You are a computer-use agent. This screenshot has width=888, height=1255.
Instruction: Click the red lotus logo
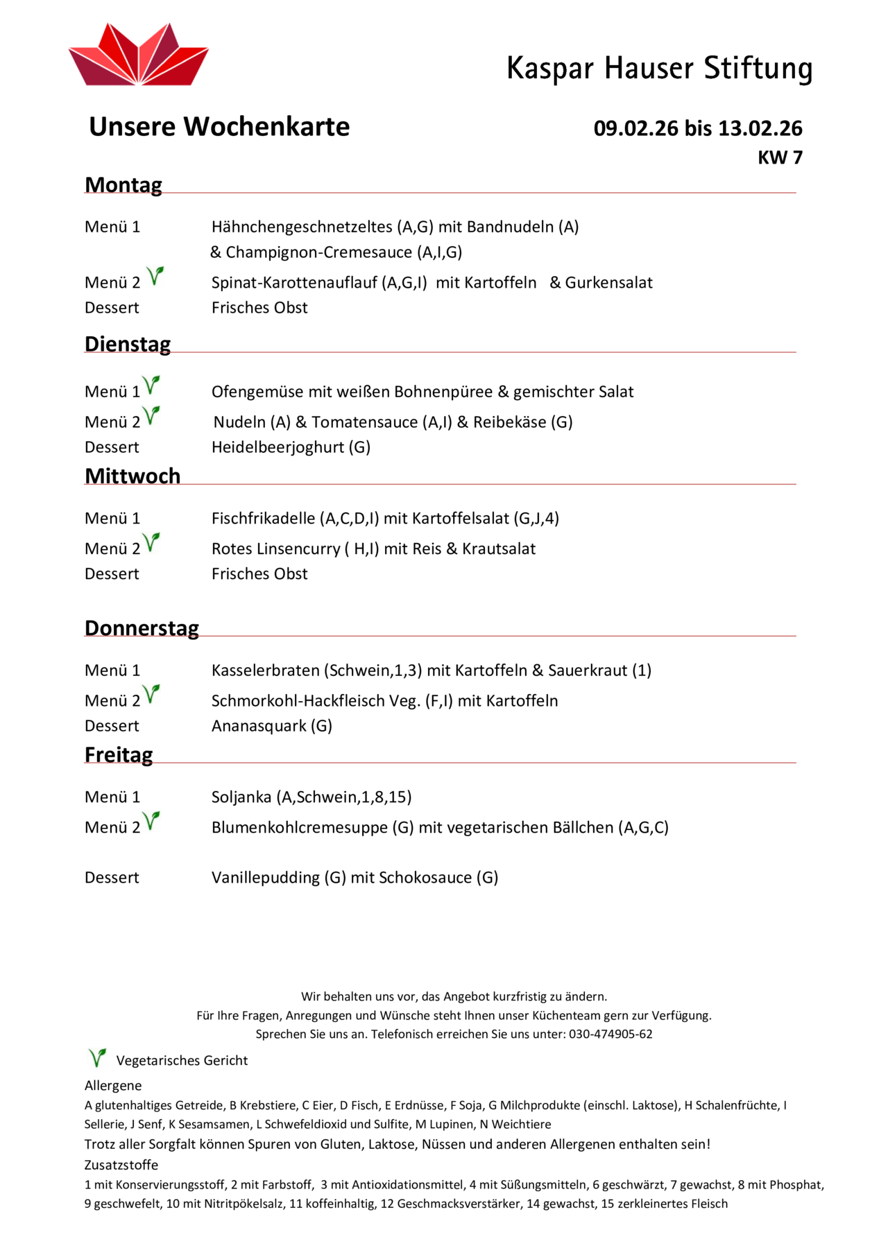139,55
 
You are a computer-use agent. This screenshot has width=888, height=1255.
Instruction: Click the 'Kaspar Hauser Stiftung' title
659,69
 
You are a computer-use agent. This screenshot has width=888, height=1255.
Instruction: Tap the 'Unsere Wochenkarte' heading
219,127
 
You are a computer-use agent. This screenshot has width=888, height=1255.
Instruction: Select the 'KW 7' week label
780,158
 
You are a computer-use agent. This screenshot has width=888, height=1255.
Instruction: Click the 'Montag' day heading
123,185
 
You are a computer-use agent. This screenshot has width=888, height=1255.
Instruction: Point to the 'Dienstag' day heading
128,345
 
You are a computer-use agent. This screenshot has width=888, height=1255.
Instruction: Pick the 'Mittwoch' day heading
133,476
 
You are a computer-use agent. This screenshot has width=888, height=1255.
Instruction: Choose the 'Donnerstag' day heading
142,628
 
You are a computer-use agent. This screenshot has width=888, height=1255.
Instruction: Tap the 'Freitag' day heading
119,755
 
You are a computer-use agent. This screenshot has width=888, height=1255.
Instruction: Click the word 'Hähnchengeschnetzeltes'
302,227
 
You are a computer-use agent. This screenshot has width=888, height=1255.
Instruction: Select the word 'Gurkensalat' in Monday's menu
608,283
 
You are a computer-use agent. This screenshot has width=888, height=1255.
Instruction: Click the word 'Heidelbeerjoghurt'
277,447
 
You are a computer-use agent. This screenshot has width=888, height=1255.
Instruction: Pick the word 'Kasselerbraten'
265,670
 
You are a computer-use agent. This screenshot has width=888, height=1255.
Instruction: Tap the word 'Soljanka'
241,797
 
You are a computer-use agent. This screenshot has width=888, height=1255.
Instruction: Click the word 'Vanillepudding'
266,878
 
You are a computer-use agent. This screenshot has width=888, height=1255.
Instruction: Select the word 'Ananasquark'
259,726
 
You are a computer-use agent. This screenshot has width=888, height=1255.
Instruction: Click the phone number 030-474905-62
610,1035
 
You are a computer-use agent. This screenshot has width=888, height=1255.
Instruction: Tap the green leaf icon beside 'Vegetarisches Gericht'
97,1058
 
